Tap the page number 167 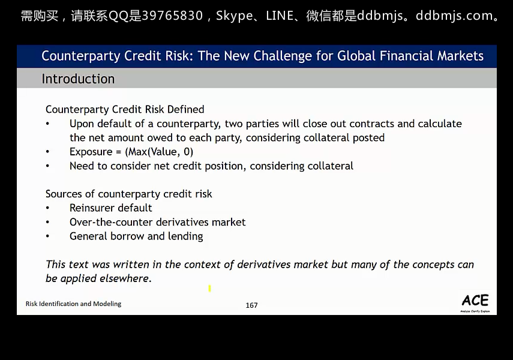tap(251, 305)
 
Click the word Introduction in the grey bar tap(78, 79)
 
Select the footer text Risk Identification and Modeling tap(73, 304)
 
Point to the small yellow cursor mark tap(210, 289)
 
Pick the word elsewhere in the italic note tap(125, 278)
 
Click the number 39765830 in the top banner tap(172, 16)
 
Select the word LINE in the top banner tap(280, 16)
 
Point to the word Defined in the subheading tap(185, 109)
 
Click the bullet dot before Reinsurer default tap(47, 208)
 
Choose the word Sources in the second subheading tap(64, 194)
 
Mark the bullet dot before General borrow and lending tap(47, 236)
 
